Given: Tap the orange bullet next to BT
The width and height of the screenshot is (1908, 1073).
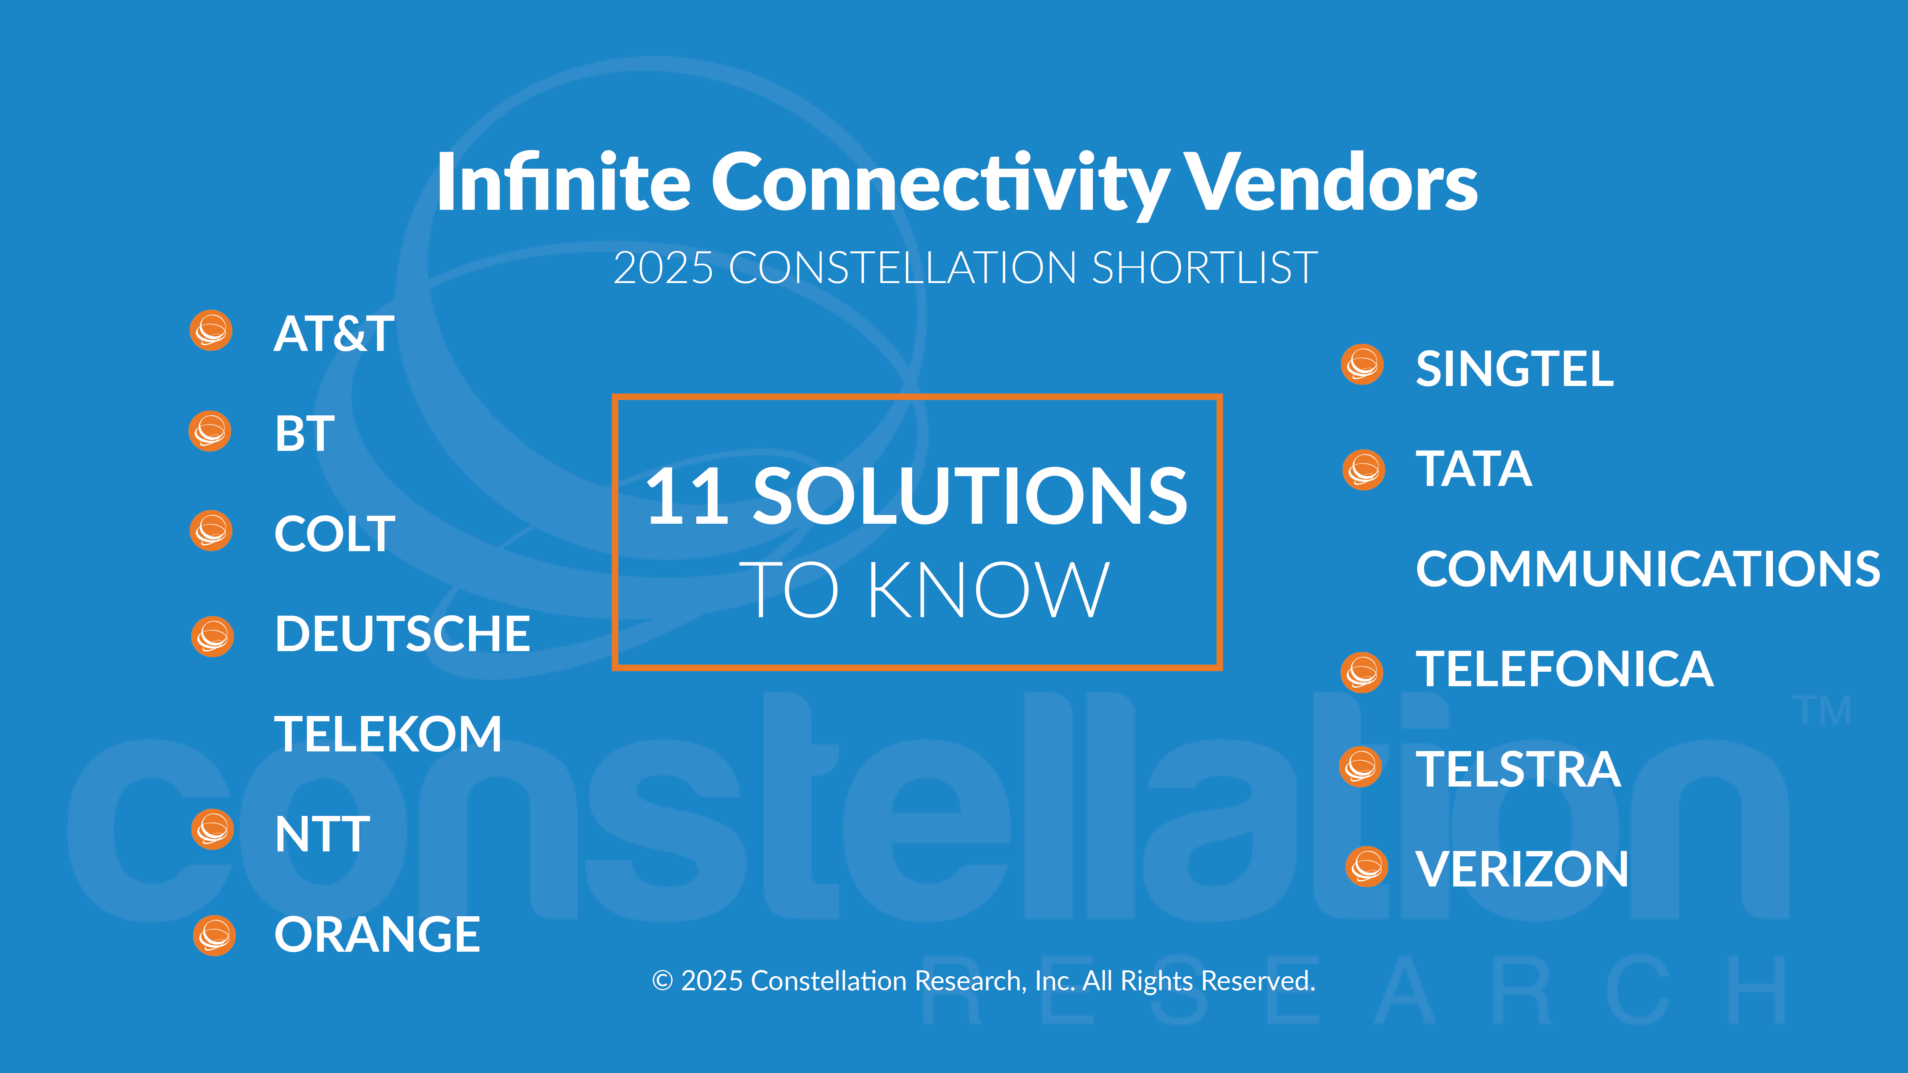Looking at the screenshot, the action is [x=210, y=431].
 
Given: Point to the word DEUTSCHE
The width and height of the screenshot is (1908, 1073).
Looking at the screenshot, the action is [x=402, y=634].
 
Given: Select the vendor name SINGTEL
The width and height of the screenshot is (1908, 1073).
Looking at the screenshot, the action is [x=1515, y=369].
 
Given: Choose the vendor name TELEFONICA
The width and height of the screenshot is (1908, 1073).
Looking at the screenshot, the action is [x=1564, y=669].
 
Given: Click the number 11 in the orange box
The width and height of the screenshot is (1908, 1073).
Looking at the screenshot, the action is [x=688, y=497].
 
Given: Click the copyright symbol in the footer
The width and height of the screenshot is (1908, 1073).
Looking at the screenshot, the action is [x=662, y=981].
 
